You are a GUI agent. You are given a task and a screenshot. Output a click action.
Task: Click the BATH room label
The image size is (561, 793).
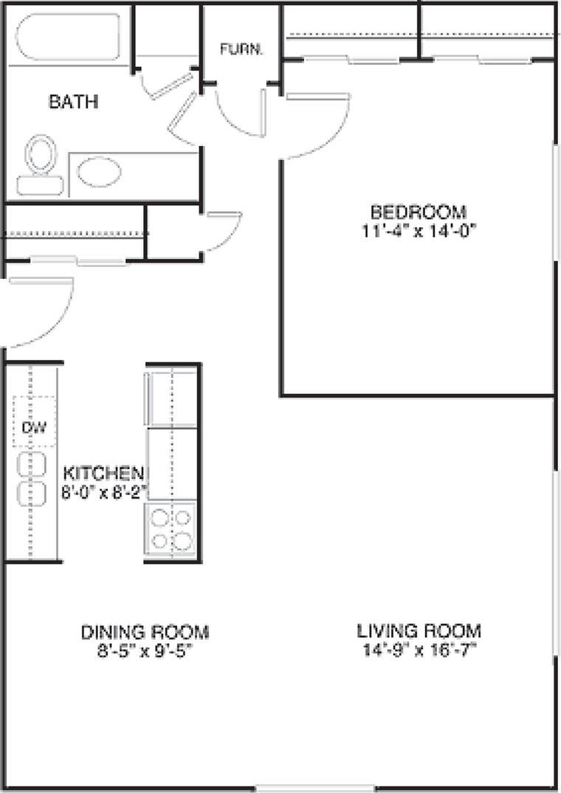[x=73, y=102]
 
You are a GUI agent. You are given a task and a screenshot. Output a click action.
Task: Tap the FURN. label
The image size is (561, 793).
[x=242, y=49]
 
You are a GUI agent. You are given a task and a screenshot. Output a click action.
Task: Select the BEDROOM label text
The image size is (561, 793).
[x=419, y=212]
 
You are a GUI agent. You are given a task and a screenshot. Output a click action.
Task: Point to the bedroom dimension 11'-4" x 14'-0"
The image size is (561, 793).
[x=419, y=231]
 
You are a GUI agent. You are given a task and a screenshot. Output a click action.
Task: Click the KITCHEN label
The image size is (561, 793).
[x=103, y=474]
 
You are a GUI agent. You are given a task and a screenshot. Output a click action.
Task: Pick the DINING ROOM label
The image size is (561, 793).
[x=145, y=632]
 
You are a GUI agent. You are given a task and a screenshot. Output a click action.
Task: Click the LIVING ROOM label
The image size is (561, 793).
[x=419, y=631]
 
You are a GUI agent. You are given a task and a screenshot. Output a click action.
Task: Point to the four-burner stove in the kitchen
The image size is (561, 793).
[x=171, y=529]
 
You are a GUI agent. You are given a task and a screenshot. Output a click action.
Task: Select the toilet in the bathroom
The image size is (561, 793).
[x=41, y=165]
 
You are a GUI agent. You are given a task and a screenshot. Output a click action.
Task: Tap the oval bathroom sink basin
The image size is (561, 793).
[x=100, y=172]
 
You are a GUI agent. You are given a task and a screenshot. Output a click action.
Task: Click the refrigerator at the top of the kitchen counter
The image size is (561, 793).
[x=171, y=398]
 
